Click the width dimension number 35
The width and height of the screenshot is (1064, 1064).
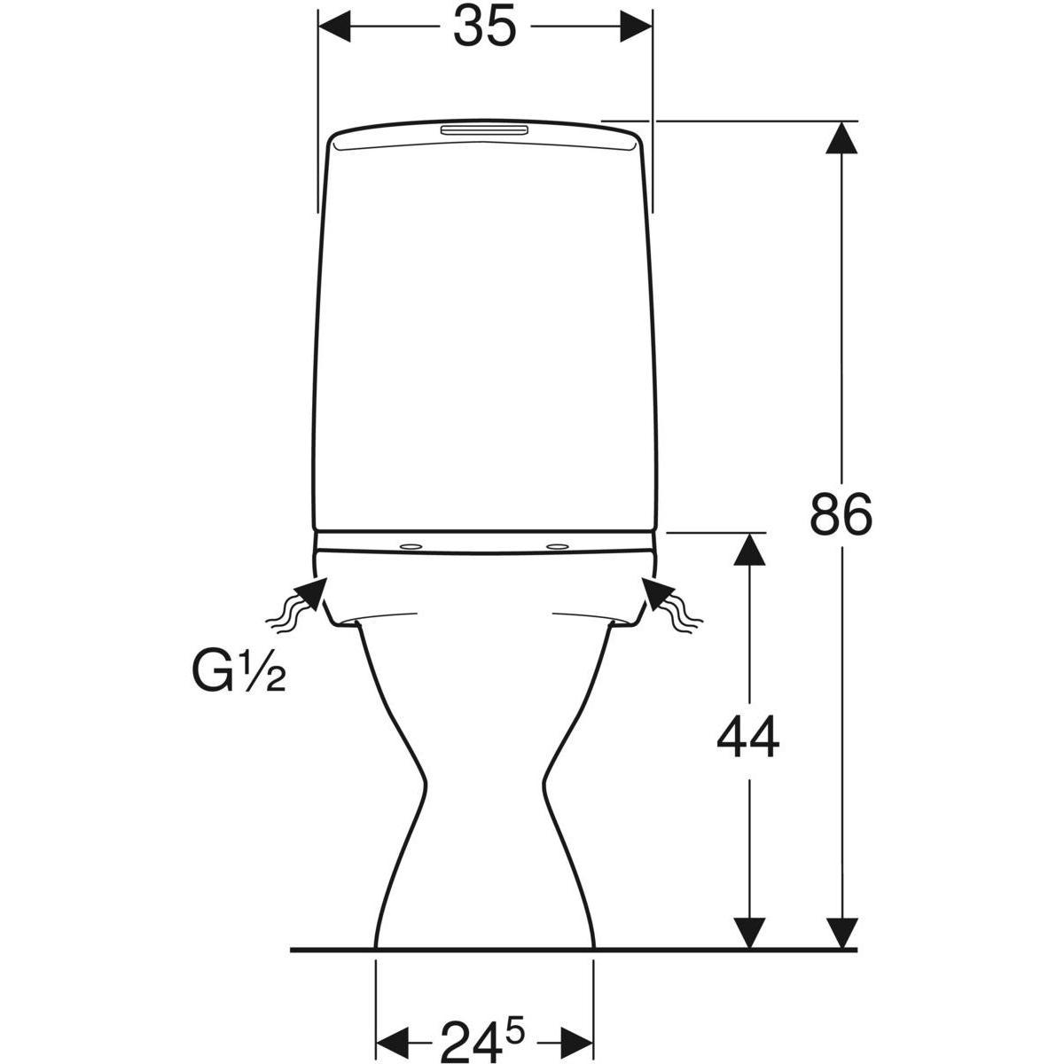pos(485,27)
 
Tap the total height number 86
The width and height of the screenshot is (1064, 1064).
pos(841,513)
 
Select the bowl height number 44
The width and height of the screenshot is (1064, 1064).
pos(747,737)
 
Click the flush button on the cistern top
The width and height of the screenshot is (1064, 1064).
pos(484,131)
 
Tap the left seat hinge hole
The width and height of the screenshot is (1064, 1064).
pos(411,547)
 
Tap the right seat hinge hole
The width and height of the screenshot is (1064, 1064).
pos(557,547)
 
